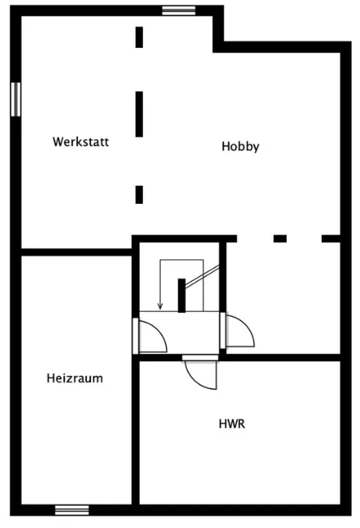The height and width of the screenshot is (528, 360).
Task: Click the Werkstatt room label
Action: pos(80,141)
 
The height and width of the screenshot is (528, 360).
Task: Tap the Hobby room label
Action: pos(241,146)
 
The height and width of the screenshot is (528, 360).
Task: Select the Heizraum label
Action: pos(75,379)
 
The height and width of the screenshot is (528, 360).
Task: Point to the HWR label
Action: pos(232,423)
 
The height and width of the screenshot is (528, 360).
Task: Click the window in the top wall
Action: pos(179,11)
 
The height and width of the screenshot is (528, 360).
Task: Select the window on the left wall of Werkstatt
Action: pos(15,99)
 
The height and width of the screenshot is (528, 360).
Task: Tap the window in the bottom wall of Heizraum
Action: pos(72,510)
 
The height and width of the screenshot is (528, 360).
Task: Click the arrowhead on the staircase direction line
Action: pos(160,306)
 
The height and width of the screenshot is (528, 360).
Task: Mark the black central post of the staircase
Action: pos(181,296)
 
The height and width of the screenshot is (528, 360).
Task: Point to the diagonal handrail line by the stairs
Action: pos(202,276)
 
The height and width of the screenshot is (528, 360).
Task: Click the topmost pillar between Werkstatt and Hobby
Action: pos(139,37)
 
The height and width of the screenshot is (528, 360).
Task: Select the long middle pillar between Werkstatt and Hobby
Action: pos(139,115)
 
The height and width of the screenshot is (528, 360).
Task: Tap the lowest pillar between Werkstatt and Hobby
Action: pos(139,195)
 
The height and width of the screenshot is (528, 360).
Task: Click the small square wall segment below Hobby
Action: pos(280,239)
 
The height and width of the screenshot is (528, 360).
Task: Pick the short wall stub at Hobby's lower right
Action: pos(331,239)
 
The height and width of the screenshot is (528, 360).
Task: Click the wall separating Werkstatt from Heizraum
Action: pos(76,252)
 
